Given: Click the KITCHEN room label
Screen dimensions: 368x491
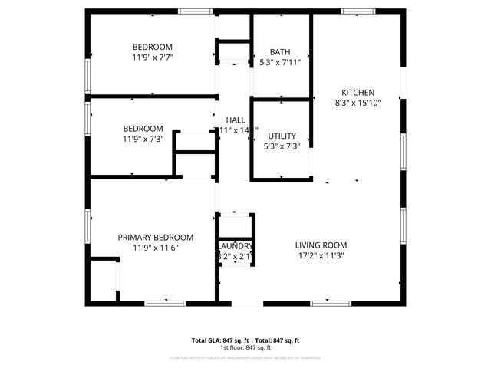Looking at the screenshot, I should (358, 91).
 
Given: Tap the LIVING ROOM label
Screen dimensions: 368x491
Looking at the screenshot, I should (321, 245).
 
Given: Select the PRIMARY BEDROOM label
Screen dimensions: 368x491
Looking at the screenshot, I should (155, 238).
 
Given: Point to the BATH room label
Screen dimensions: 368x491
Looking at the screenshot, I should (281, 52).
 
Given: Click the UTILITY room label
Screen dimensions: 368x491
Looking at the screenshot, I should (282, 136).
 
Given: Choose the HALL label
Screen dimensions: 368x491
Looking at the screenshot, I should (235, 120).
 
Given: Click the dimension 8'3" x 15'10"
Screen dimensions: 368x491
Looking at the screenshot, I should (358, 101).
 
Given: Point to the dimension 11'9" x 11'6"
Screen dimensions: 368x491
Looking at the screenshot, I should (155, 248).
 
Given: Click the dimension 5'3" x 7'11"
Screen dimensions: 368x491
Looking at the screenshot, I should (281, 62).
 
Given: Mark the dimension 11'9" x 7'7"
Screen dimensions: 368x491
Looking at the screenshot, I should (152, 57).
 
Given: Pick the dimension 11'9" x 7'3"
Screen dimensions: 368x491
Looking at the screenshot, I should (143, 139).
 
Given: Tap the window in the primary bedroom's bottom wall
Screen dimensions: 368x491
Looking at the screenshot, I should (165, 303).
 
